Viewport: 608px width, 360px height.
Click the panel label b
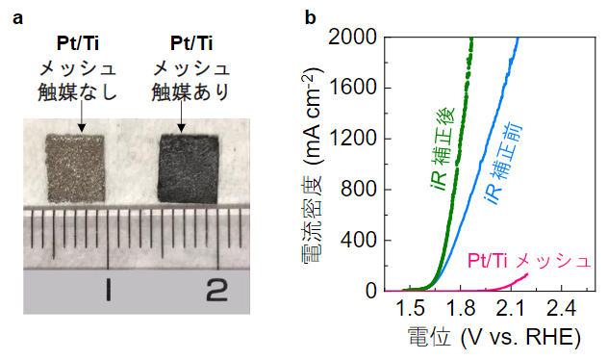tap(311, 17)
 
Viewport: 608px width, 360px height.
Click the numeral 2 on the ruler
tap(216, 287)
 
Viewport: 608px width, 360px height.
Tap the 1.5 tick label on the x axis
tap(410, 308)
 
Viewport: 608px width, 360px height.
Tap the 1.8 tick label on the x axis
tap(461, 308)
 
